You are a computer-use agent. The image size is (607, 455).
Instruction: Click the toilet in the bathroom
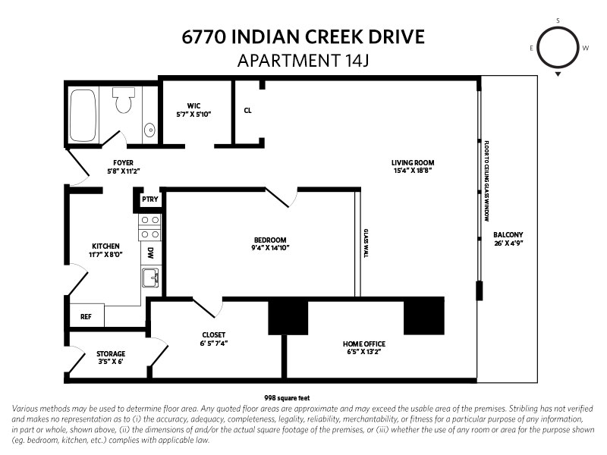tap(124, 100)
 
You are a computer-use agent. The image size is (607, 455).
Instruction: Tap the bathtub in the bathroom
tap(83, 116)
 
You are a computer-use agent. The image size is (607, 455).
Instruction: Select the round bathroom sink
tap(149, 130)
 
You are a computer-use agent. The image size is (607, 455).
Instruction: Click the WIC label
tap(193, 105)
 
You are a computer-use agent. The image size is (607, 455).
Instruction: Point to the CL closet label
tap(248, 111)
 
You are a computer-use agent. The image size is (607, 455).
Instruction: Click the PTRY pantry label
tap(149, 199)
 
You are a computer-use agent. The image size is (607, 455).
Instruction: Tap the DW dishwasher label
tap(150, 253)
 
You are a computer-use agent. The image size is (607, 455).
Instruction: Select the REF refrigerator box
tap(86, 316)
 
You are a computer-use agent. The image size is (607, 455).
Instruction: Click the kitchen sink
tap(150, 278)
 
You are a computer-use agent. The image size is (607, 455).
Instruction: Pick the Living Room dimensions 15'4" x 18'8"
tap(413, 171)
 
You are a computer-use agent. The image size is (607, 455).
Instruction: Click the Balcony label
tap(508, 235)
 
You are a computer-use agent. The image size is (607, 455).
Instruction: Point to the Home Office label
tap(364, 344)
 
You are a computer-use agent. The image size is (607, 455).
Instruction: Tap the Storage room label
tap(111, 353)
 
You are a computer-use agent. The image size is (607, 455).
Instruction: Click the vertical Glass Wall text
tap(366, 243)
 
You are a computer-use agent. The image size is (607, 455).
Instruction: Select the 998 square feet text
tap(287, 397)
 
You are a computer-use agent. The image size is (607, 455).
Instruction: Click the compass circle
tap(558, 48)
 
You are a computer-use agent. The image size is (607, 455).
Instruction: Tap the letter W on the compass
tap(586, 48)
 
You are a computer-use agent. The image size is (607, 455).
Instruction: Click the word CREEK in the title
tap(334, 36)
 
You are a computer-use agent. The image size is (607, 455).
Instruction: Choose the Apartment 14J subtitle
tap(303, 61)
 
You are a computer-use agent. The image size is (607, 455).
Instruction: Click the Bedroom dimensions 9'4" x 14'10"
tap(270, 248)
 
